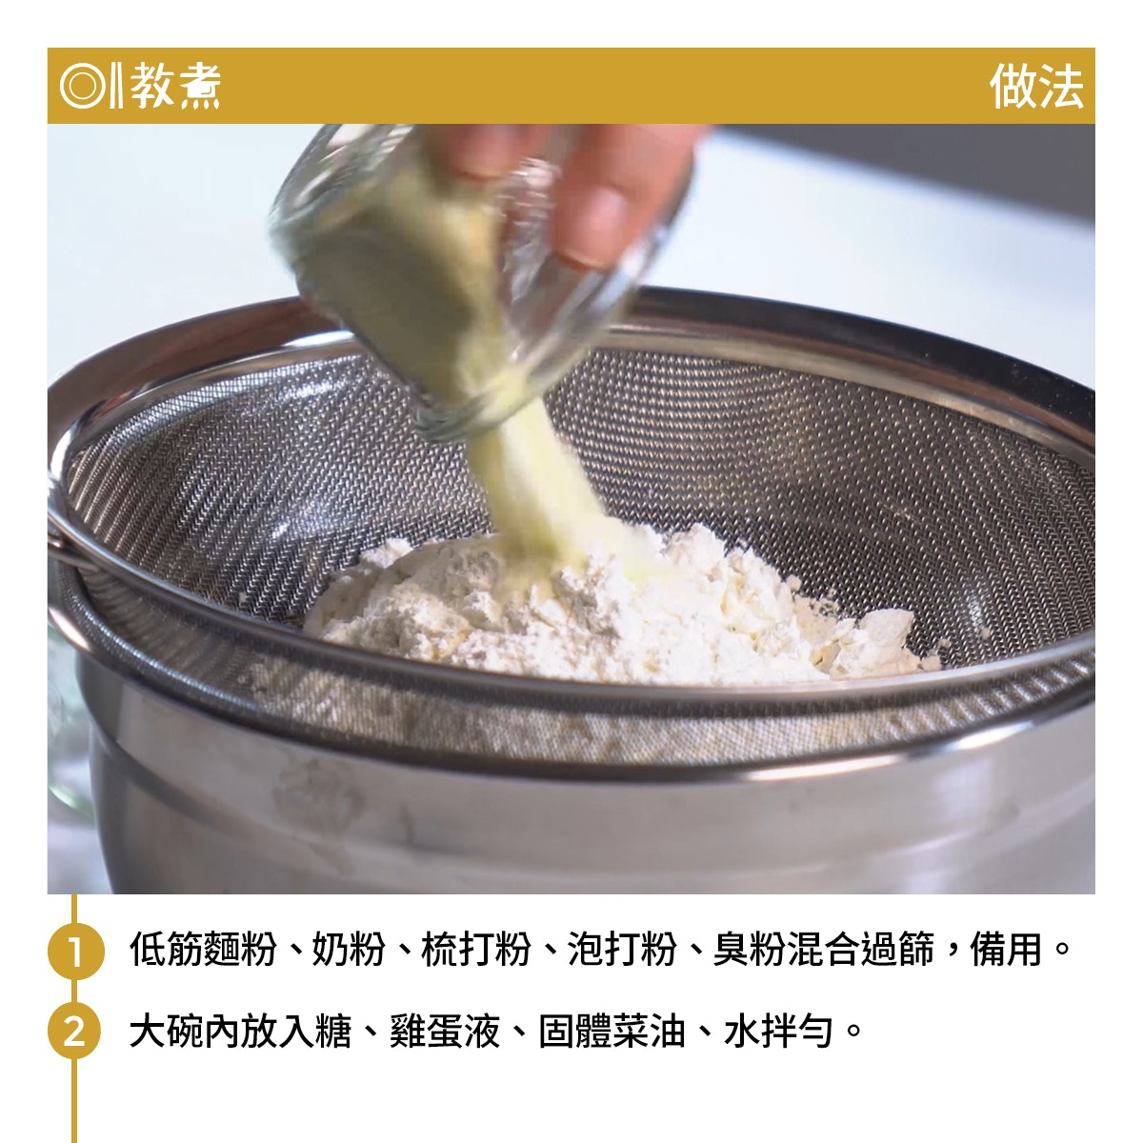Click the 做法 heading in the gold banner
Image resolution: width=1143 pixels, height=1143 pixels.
click(1035, 87)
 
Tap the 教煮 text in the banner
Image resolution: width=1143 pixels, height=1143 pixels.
click(175, 86)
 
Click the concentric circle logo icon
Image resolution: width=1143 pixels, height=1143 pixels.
click(83, 87)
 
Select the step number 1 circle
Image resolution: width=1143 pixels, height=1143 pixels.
click(75, 951)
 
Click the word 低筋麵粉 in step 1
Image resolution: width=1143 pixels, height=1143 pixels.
click(203, 950)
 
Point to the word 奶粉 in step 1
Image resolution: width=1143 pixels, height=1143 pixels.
click(349, 950)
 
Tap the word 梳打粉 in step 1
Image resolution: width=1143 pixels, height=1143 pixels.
click(475, 950)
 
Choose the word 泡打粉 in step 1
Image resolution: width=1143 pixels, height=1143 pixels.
click(622, 950)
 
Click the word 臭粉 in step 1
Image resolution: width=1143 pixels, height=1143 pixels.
click(750, 950)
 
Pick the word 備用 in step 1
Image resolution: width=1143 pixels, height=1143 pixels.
click(1006, 950)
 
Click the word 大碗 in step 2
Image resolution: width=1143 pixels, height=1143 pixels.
click(166, 1032)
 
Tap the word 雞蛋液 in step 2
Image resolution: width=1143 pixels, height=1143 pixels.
click(444, 1032)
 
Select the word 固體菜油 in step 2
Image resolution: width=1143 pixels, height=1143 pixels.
click(612, 1032)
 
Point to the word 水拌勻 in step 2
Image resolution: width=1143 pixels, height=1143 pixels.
click(777, 1032)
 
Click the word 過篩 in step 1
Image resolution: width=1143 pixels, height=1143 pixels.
click(897, 950)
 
